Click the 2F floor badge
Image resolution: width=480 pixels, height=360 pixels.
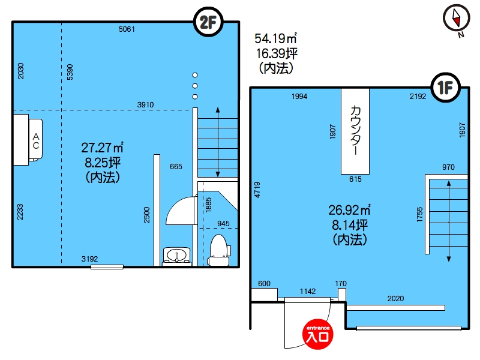coord(208,22)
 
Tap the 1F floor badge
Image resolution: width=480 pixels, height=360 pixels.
coord(445,88)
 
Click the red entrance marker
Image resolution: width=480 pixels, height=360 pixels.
coord(318,334)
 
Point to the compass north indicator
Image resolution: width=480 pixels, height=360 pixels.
coord(457,19)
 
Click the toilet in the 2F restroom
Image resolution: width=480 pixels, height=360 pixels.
coord(218,250)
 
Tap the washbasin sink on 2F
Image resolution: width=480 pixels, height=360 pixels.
coord(176,256)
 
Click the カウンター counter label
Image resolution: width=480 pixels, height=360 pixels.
coord(355,130)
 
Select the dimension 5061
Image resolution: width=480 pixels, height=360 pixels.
coord(127,29)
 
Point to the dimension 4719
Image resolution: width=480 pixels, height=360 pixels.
coord(257,190)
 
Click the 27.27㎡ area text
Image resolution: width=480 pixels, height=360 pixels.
coord(102,148)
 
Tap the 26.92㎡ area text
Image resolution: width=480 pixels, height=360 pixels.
coord(349,210)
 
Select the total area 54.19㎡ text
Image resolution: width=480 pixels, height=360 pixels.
coord(275,38)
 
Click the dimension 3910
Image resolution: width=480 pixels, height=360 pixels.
coord(145,104)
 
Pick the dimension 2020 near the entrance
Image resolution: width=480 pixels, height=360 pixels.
coord(395,298)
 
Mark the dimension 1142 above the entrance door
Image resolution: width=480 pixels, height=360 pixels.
coord(308,291)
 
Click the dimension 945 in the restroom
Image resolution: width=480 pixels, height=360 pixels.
coord(223,223)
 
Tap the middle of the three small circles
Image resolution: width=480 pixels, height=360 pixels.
coord(194,86)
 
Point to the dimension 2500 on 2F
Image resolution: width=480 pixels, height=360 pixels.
coord(147,215)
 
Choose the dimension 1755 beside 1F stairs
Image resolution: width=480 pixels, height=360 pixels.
coord(419,215)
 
